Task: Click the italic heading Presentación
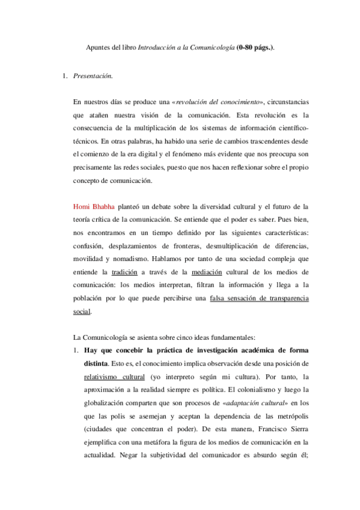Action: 92,76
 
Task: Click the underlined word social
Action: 81,312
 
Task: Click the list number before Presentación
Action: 66,76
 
